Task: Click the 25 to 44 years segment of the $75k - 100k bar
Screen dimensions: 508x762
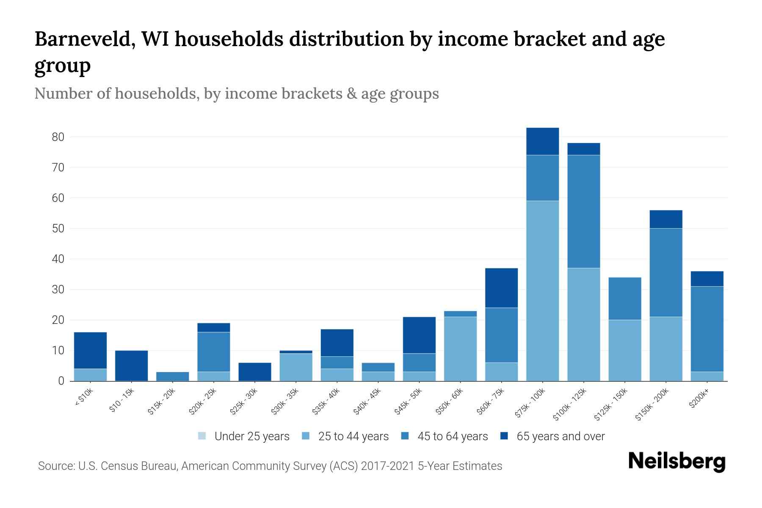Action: pos(542,291)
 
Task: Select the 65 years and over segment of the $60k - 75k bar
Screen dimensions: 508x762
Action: pos(501,287)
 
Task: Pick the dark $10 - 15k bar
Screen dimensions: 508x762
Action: pos(131,365)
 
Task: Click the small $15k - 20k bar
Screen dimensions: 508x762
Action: pos(172,376)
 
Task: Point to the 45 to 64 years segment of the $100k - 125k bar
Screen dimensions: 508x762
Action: pos(583,211)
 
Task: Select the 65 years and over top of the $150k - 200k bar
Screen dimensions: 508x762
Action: pos(665,219)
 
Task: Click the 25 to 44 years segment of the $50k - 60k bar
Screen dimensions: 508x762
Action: pos(460,348)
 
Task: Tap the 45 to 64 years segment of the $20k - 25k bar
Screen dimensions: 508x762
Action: pos(213,352)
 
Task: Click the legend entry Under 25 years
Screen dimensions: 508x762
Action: pos(251,436)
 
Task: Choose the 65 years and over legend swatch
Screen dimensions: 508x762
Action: pos(504,436)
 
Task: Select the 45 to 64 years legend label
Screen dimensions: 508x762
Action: pos(452,436)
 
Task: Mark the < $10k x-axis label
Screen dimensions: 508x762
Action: pos(84,398)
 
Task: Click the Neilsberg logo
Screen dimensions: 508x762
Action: pos(676,461)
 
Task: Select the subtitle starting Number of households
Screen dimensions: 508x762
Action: pos(236,94)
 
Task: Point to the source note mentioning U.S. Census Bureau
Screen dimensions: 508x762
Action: pos(270,466)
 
